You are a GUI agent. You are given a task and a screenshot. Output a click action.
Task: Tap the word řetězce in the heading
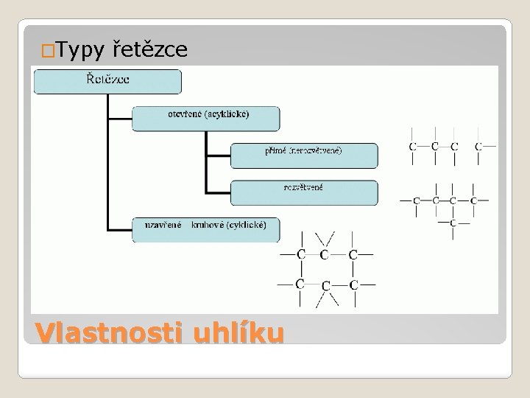tap(151, 49)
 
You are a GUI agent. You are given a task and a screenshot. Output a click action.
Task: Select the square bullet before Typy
tap(48, 52)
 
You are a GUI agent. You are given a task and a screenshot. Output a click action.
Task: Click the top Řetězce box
tap(108, 81)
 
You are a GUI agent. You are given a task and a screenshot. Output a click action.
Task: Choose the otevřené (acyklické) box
tap(206, 118)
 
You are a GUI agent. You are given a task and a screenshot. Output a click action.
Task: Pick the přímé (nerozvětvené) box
tap(304, 155)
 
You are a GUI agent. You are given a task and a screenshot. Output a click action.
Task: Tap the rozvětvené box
tap(304, 192)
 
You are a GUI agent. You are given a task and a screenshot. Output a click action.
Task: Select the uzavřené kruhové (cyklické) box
tap(206, 228)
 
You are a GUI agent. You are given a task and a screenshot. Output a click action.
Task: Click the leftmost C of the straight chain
tap(413, 147)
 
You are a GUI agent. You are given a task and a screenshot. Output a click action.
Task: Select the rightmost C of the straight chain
tap(478, 147)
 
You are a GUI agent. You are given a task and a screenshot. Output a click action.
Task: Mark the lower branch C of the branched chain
tap(453, 222)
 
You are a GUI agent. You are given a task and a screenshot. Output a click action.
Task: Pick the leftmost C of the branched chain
tap(417, 200)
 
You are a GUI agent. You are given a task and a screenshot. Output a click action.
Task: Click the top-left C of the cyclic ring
tap(300, 255)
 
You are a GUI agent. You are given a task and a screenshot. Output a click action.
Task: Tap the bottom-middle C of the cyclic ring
tap(325, 285)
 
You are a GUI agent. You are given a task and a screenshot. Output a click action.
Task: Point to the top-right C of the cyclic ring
tap(353, 255)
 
